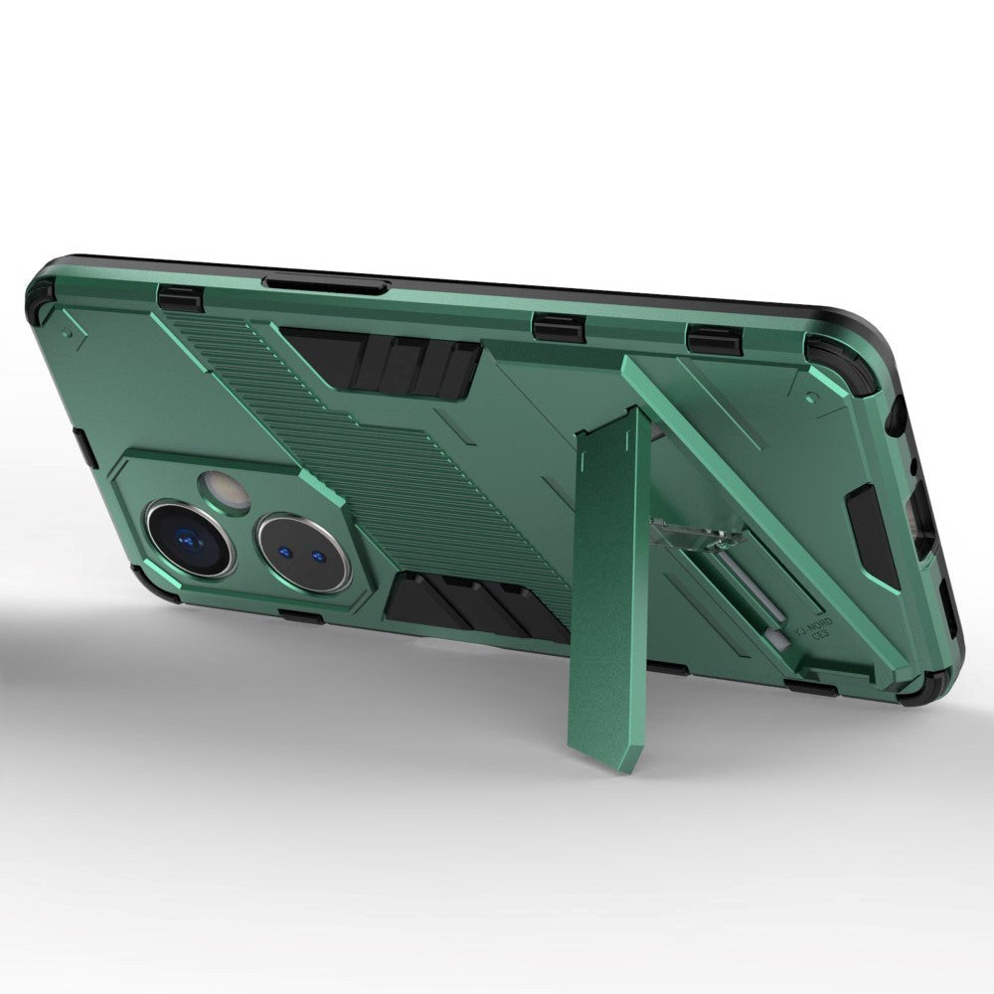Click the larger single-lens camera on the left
pos(189,537)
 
